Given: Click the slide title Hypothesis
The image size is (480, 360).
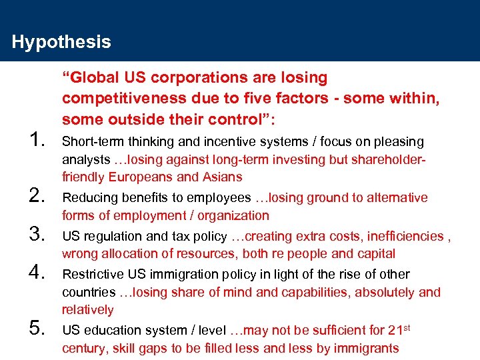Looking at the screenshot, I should click(x=61, y=43).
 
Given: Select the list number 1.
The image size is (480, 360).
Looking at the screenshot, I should click(x=37, y=140).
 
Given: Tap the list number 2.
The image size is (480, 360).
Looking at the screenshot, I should click(x=37, y=196).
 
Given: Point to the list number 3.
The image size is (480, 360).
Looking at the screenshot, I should click(x=37, y=235).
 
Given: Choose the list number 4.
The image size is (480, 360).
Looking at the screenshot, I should click(x=37, y=273).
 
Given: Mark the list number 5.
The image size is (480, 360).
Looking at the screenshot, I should click(x=37, y=329).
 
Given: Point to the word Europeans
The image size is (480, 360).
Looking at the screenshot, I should click(x=141, y=177).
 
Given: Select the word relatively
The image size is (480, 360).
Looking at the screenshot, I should click(x=88, y=310).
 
